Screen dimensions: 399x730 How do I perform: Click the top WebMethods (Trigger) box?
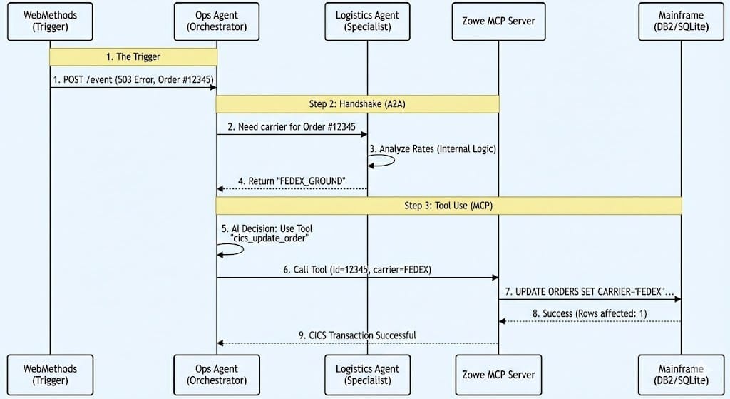[50, 21]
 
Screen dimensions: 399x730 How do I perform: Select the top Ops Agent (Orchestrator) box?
[217, 21]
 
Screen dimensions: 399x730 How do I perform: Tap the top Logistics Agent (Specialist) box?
[367, 21]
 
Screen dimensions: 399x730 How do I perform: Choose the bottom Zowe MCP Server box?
[498, 375]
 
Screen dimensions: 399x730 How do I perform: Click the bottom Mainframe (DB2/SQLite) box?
[682, 375]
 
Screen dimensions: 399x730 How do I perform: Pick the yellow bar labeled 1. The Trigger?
[133, 57]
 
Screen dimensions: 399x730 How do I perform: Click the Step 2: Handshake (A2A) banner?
[357, 104]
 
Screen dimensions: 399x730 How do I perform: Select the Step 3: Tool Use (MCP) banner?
[449, 206]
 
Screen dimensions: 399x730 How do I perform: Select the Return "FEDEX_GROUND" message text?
[292, 181]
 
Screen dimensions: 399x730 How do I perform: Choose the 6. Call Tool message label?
[357, 270]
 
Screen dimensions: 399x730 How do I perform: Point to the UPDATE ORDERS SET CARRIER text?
[590, 292]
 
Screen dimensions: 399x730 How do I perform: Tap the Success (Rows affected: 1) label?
[589, 313]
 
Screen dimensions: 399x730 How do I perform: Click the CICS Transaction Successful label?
[357, 335]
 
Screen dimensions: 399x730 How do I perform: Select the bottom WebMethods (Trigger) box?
[50, 375]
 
